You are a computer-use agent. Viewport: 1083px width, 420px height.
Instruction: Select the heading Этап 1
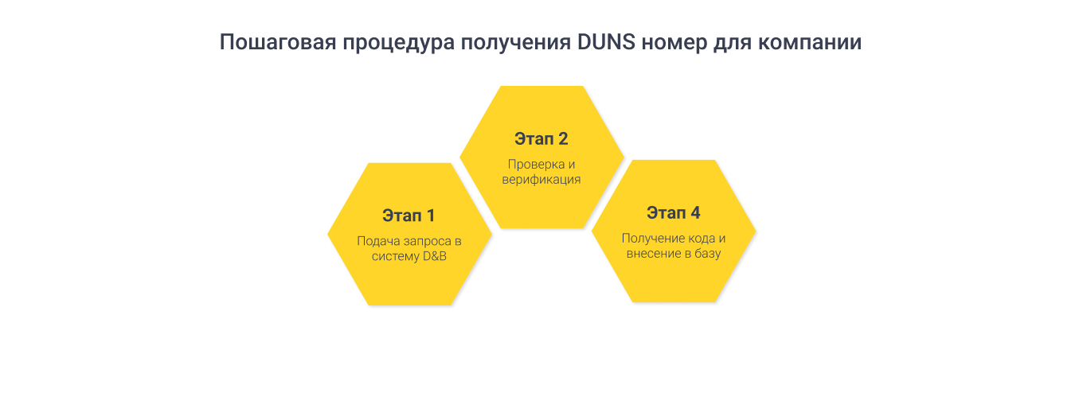tap(409, 216)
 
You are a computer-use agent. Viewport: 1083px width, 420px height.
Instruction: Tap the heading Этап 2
tap(541, 139)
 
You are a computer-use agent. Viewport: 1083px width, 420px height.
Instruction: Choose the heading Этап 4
tap(674, 213)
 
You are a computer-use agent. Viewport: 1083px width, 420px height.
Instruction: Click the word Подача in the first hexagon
tap(375, 240)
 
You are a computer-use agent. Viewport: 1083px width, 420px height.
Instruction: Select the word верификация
tap(541, 180)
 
